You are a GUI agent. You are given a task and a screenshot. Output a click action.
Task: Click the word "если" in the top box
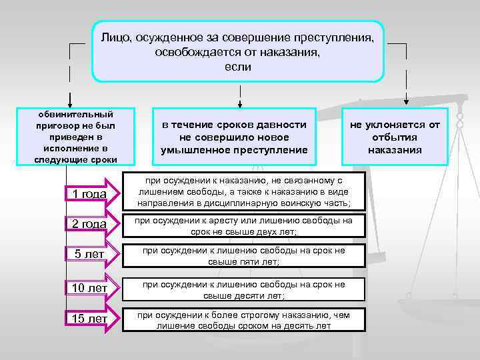(237, 67)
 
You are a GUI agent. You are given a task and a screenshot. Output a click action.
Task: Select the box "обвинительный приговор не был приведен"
(75, 137)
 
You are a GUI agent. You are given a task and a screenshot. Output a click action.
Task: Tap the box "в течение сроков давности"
(234, 137)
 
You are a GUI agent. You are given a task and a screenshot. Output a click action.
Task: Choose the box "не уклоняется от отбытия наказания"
(395, 137)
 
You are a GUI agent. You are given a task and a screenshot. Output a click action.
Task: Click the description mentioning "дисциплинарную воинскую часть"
(244, 192)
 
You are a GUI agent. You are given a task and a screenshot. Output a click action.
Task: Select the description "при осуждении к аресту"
(244, 225)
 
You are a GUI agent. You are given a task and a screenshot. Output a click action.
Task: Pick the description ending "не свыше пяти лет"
(244, 256)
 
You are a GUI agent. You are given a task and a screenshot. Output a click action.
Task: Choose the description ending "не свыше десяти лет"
(244, 289)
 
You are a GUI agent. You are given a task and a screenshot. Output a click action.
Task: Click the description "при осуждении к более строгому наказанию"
(244, 320)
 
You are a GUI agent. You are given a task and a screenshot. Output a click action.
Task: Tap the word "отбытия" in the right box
(395, 137)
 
